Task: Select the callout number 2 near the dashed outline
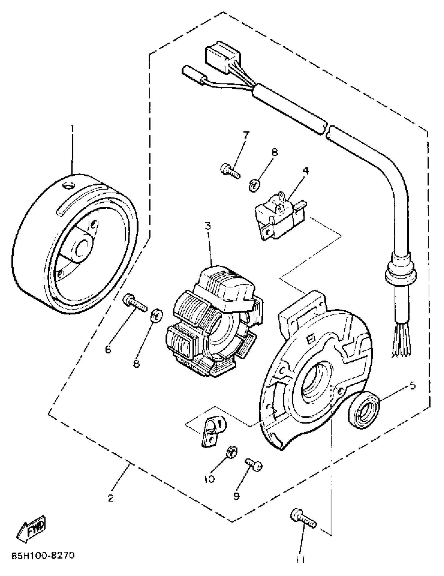[x=111, y=498]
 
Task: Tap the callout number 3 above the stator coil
[x=208, y=226]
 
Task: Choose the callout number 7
[x=246, y=135]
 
